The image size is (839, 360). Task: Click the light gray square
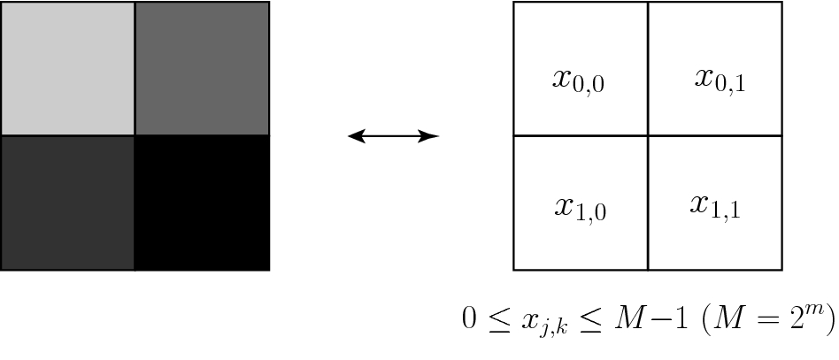point(68,69)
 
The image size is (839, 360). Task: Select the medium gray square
point(202,69)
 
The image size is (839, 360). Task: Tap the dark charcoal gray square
point(68,203)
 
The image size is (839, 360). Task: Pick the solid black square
point(202,203)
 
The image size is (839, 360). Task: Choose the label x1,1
point(715,206)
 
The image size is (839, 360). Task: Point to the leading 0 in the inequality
point(469,317)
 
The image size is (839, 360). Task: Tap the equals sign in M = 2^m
point(764,318)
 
